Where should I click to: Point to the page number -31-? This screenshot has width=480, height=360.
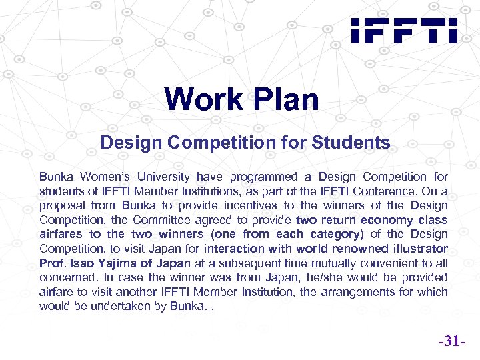point(451,342)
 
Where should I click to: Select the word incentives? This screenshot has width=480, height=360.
point(249,205)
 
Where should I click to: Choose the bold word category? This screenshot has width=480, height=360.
point(333,234)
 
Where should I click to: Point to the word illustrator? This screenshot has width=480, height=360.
point(420,249)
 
